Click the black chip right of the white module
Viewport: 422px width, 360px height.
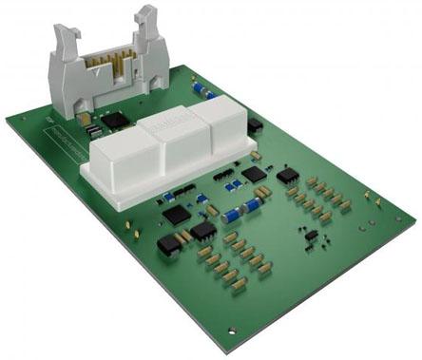click(x=255, y=125)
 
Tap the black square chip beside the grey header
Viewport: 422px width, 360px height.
click(x=114, y=121)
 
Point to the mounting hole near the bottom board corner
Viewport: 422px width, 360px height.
click(x=232, y=331)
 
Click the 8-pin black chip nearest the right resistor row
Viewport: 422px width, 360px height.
click(x=288, y=176)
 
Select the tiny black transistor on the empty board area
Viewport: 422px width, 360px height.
click(x=310, y=234)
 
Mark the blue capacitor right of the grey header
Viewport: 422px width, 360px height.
click(x=200, y=89)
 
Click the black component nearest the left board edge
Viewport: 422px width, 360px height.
click(x=168, y=244)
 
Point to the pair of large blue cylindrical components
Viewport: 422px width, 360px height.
click(x=242, y=210)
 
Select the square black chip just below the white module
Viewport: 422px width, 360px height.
click(x=254, y=174)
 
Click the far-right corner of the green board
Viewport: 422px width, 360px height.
click(x=414, y=219)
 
